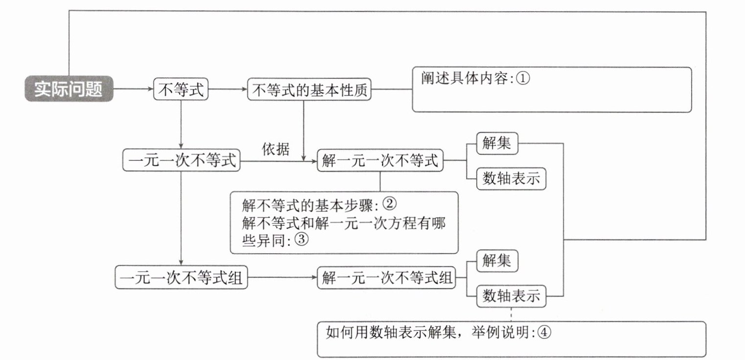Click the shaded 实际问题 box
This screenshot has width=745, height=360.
[x=69, y=89]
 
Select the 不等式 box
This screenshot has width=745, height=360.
[x=181, y=89]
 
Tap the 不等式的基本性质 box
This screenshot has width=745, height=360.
[x=309, y=89]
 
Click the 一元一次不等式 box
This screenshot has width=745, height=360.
[x=181, y=160]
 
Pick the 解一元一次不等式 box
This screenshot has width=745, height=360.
[x=380, y=160]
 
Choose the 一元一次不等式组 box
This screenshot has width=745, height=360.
[x=181, y=277]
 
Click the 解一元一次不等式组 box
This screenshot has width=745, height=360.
[x=387, y=278]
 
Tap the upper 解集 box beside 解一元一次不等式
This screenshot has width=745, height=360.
[x=497, y=144]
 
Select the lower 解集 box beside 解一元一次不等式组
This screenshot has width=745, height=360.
[x=497, y=261]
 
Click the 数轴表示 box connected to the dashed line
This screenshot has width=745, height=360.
[x=511, y=296]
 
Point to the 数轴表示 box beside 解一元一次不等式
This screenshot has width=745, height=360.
[x=511, y=179]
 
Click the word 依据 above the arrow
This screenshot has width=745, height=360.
[x=276, y=149]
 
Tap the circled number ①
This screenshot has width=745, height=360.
[x=522, y=78]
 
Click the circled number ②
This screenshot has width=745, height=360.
[x=390, y=203]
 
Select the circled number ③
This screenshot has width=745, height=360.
[x=302, y=239]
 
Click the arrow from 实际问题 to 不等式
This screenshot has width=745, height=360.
[x=133, y=89]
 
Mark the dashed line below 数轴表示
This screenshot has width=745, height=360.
[x=511, y=314]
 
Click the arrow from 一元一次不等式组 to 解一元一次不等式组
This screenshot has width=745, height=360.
[x=282, y=277]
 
